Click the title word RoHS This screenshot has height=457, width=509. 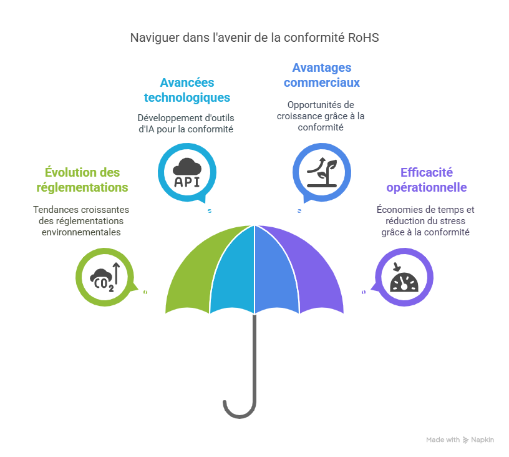click(x=364, y=37)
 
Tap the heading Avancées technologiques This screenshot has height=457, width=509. click(x=187, y=90)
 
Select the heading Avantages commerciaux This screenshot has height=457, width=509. click(x=322, y=75)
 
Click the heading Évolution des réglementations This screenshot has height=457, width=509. click(x=82, y=179)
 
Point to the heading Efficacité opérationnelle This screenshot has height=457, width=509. click(x=427, y=179)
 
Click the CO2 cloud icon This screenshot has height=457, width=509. click(x=105, y=277)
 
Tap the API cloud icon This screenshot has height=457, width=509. click(x=187, y=173)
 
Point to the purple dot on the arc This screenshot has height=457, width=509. click(x=364, y=292)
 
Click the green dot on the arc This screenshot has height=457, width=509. click(x=145, y=292)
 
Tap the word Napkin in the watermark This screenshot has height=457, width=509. click(x=482, y=440)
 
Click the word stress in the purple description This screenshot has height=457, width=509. click(x=453, y=221)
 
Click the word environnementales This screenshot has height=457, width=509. click(x=77, y=232)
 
